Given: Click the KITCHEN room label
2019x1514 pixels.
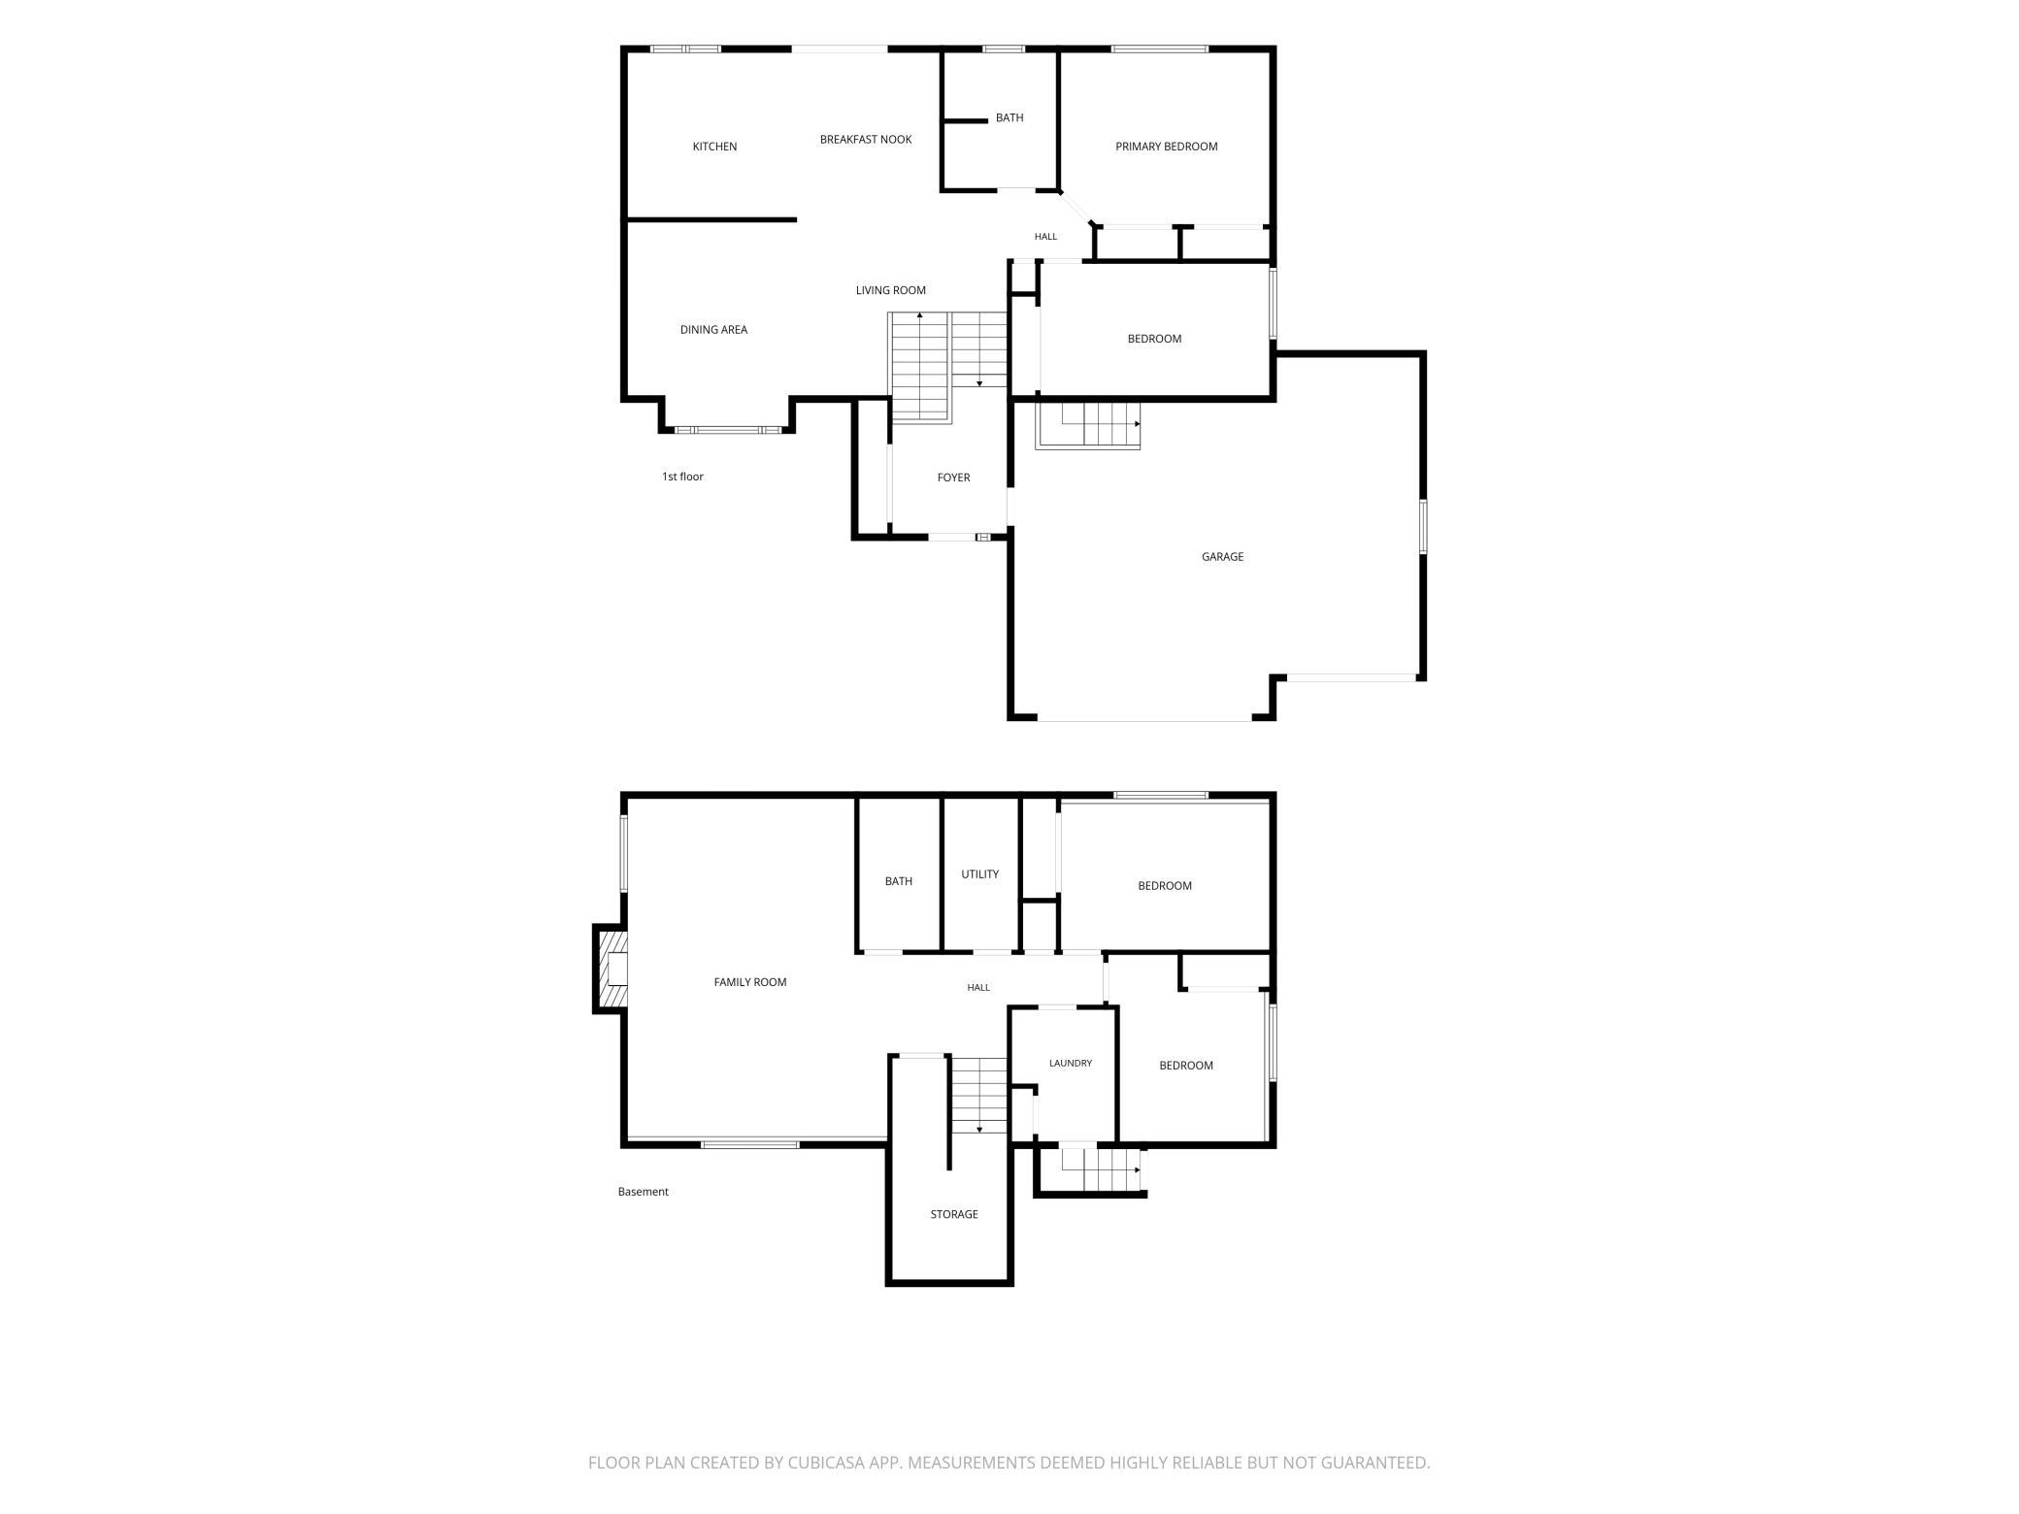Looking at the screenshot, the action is coord(714,147).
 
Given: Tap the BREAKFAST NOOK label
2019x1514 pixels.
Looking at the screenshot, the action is coord(866,140).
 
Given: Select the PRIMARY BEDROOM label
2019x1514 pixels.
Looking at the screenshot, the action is coord(1166,147).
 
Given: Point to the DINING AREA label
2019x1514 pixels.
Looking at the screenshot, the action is coord(713,330).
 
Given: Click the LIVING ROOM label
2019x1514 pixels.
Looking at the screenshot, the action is coord(890,290).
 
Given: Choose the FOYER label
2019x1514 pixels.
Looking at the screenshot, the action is coord(953,477).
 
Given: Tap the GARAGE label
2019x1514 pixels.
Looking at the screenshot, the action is coord(1222,557).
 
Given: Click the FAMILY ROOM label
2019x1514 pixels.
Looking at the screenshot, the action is coord(749,982).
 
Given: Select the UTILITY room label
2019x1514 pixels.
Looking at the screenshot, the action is coord(979,874).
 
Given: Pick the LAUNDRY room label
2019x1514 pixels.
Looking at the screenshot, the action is coord(1070,1064).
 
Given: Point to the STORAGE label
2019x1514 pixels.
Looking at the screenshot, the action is coord(953,1215).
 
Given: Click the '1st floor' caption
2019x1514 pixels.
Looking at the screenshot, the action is coord(682,477).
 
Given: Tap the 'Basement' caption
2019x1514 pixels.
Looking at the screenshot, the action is coord(643,1192).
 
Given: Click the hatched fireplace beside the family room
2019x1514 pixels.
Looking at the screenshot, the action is coord(612,970).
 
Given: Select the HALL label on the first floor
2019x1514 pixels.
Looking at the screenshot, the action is coord(1045,237).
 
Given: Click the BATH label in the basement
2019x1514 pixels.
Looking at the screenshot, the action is coord(898,882).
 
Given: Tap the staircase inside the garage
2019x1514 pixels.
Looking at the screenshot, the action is coord(1088,424).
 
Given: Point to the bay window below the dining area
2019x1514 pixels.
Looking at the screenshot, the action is coord(728,429).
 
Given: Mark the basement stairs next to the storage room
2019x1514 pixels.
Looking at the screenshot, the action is coord(978,1095).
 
